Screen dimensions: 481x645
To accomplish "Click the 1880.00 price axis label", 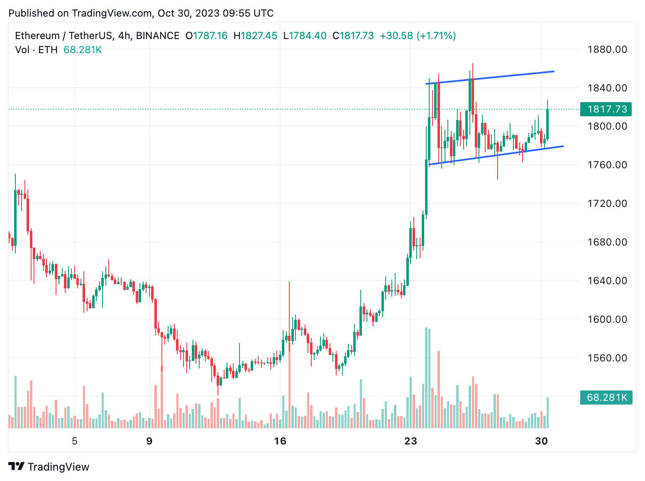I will coord(607,49).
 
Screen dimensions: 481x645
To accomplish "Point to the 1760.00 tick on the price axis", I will coord(607,165).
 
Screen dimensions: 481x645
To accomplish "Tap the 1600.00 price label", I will coord(607,319).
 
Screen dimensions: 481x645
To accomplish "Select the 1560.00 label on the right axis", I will coord(607,358).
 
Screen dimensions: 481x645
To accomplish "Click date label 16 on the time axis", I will coord(281,441).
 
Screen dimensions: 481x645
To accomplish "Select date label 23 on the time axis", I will coord(410,441).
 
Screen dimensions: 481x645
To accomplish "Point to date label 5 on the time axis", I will coord(75,441).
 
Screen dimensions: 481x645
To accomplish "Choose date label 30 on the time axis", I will coord(541,441).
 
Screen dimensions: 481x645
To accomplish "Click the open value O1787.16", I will coord(206,36).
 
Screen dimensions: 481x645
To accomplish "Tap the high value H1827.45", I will coord(255,36).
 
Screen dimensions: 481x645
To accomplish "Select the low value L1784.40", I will coord(305,36).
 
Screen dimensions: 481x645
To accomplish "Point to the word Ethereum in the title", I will coord(37,36).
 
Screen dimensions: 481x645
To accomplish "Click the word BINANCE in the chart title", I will coord(158,36).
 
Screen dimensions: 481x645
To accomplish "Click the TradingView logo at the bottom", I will coord(49,467).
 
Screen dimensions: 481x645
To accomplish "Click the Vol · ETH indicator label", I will coord(36,50).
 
